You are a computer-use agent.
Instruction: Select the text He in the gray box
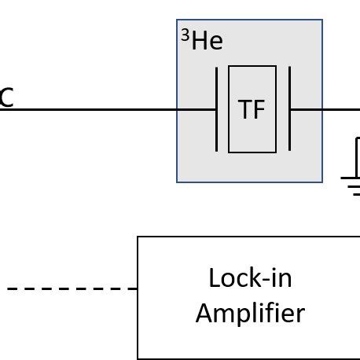point(207,42)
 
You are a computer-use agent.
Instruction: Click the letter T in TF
point(244,111)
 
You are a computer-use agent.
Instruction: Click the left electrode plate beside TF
point(216,109)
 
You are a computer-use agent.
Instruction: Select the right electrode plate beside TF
point(289,109)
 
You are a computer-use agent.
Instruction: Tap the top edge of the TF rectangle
point(252,67)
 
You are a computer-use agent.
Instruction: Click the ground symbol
point(351,185)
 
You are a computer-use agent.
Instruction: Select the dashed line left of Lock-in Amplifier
point(71,288)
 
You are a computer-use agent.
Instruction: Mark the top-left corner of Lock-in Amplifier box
point(138,237)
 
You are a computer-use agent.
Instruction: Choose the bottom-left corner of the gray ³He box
point(177,182)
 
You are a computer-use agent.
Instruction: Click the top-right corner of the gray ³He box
point(322,20)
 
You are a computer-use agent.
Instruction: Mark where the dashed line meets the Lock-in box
point(138,288)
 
